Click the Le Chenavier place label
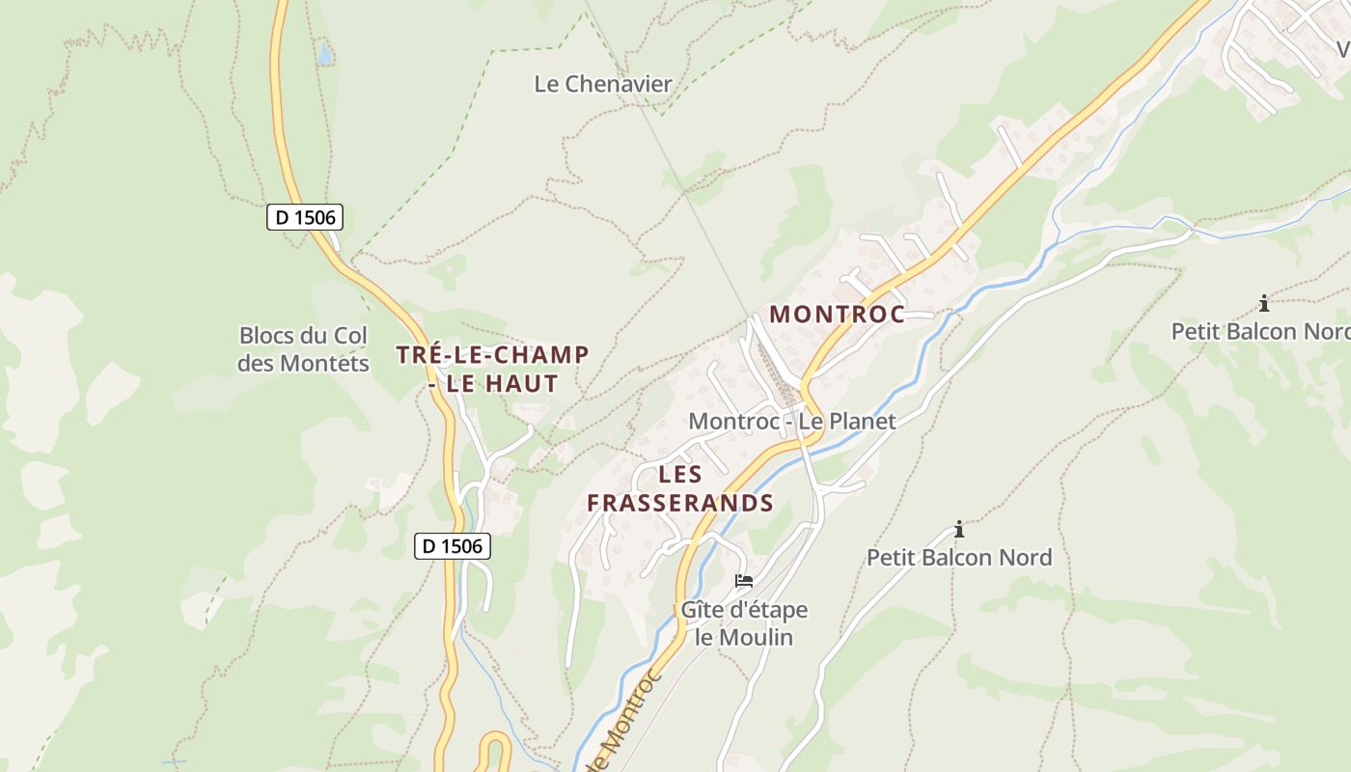[x=603, y=84]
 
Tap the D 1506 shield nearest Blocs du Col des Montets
[x=305, y=217]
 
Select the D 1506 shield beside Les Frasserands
[x=453, y=546]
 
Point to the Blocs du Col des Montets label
[x=304, y=349]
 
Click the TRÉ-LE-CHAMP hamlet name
[x=492, y=355]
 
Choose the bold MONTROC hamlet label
[x=837, y=315]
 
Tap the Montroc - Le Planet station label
[x=792, y=422]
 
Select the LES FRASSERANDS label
[x=680, y=489]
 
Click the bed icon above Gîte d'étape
[x=743, y=581]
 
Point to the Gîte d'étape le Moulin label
[x=744, y=623]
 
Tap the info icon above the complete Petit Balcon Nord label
[x=958, y=530]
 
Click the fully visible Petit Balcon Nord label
[x=959, y=558]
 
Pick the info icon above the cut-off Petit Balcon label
[x=1263, y=304]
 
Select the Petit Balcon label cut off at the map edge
[x=1260, y=332]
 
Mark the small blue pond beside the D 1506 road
[x=325, y=54]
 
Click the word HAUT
[x=522, y=384]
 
